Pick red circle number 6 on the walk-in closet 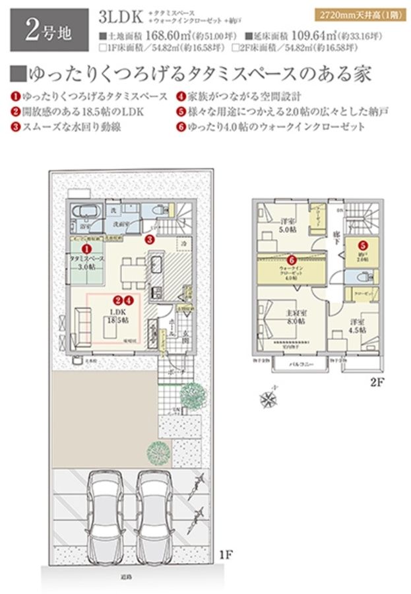[291, 260]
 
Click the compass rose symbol [269, 399]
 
